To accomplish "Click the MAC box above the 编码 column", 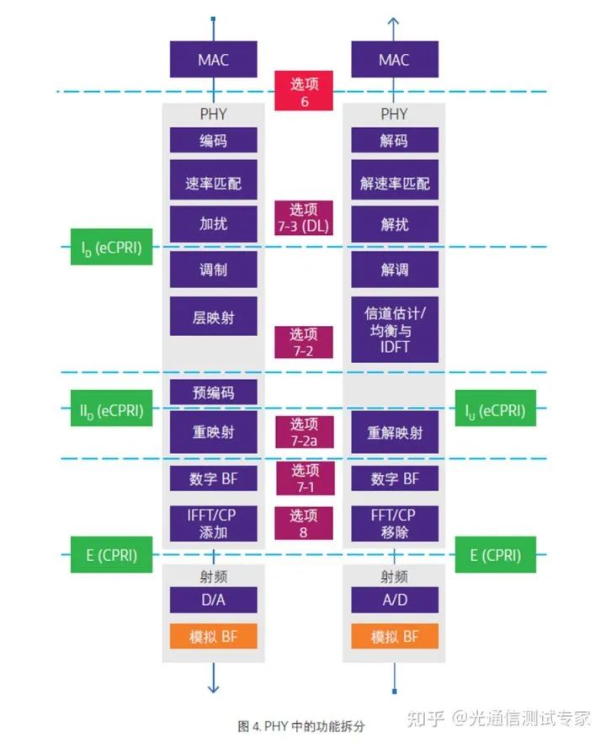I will pyautogui.click(x=213, y=60).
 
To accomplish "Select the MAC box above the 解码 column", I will pyautogui.click(x=394, y=60).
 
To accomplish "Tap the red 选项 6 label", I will pyautogui.click(x=304, y=91).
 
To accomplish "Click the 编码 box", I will pyautogui.click(x=213, y=141).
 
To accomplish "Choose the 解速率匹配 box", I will pyautogui.click(x=394, y=183).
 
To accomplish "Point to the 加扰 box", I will pyautogui.click(x=213, y=225).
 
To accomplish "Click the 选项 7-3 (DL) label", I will pyautogui.click(x=304, y=217).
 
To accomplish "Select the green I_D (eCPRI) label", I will pyautogui.click(x=111, y=248).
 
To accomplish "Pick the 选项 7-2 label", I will pyautogui.click(x=304, y=342).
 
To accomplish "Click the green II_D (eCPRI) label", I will pyautogui.click(x=111, y=411).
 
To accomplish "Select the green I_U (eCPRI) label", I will pyautogui.click(x=495, y=411).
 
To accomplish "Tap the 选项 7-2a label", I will pyautogui.click(x=304, y=431).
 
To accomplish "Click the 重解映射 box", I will pyautogui.click(x=394, y=433).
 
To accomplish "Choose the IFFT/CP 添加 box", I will pyautogui.click(x=213, y=524).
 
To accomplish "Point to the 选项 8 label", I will pyautogui.click(x=304, y=524).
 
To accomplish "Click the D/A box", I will pyautogui.click(x=213, y=601).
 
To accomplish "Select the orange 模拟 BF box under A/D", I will pyautogui.click(x=394, y=637).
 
